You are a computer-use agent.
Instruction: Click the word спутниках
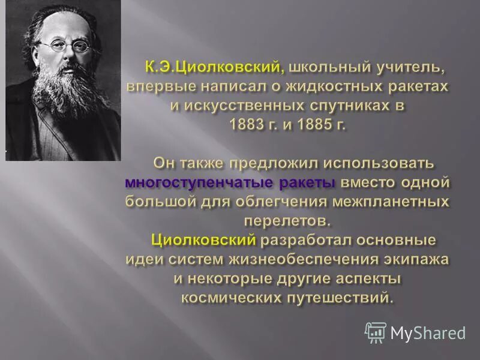pos(340,106)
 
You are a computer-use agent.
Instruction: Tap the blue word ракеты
pos(306,181)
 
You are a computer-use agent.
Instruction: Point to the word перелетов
pos(287,221)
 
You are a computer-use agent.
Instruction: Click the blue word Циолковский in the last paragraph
pos(203,240)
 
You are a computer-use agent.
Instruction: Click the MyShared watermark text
pos(428,332)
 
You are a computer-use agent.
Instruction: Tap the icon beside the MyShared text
pos(376,332)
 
